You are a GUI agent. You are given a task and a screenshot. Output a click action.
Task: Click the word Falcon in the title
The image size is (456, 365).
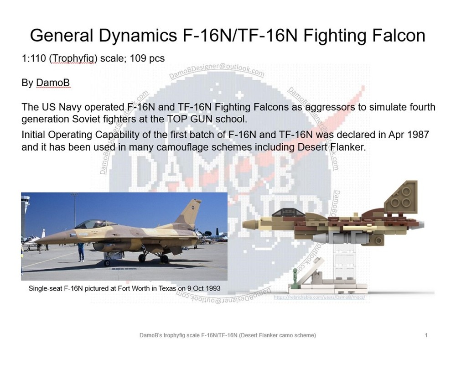tap(396, 35)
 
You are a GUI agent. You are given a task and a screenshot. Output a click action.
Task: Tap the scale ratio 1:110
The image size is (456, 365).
tap(33, 59)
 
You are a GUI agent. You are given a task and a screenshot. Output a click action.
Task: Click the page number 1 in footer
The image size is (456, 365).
tap(426, 336)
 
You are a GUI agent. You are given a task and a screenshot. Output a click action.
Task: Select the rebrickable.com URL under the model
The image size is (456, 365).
tap(320, 297)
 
